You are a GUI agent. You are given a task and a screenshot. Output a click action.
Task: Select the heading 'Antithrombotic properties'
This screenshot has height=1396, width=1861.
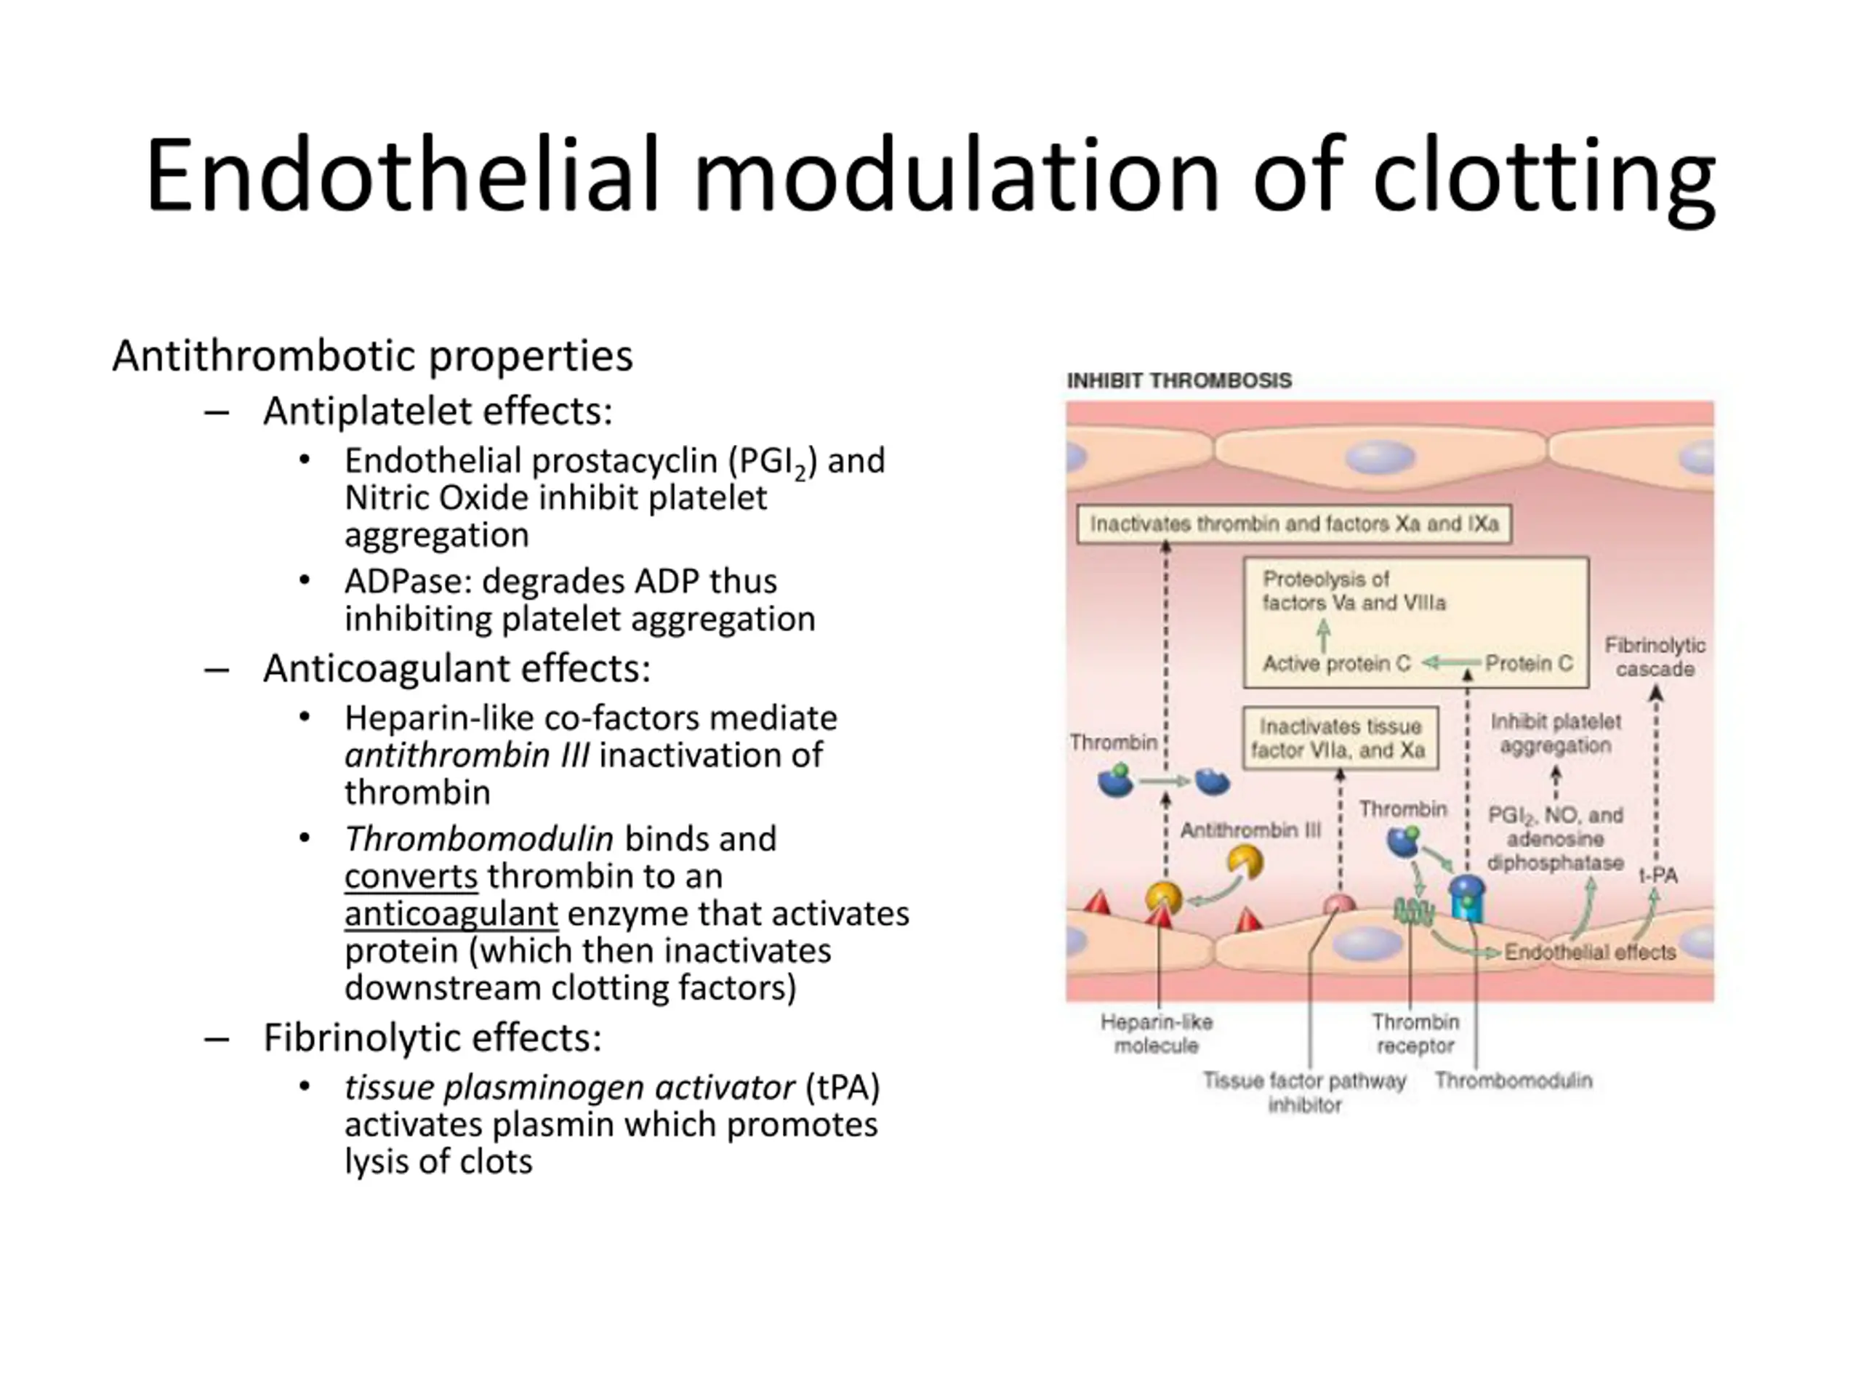(x=372, y=356)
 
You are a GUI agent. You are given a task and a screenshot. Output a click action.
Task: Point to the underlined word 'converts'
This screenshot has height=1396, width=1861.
(x=411, y=876)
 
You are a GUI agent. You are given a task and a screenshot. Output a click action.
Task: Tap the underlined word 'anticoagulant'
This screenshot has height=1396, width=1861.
(x=451, y=914)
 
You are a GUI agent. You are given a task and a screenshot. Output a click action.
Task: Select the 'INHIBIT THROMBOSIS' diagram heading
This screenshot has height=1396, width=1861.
(x=1178, y=380)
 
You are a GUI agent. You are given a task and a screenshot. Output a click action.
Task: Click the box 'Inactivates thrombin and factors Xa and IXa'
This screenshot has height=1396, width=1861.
(x=1294, y=524)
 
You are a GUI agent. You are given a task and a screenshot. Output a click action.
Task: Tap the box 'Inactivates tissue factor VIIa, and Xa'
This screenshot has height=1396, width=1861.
(x=1341, y=738)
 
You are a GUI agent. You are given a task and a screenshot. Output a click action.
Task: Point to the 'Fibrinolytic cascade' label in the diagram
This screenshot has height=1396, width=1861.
(x=1654, y=657)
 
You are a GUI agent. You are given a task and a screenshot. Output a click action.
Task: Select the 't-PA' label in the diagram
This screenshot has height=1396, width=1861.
(x=1657, y=875)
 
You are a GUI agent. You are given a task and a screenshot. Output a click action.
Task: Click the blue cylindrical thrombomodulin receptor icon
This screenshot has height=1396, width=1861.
(x=1467, y=898)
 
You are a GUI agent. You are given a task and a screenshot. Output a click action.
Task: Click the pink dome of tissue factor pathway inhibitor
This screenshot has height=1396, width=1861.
(x=1339, y=904)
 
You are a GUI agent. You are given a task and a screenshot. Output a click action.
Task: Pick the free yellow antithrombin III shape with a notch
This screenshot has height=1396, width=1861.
(x=1245, y=862)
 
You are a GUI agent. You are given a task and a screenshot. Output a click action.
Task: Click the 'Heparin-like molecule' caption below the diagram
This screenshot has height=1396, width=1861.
(x=1157, y=1033)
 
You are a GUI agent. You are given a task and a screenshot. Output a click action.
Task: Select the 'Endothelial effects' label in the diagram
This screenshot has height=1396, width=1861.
(x=1590, y=952)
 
